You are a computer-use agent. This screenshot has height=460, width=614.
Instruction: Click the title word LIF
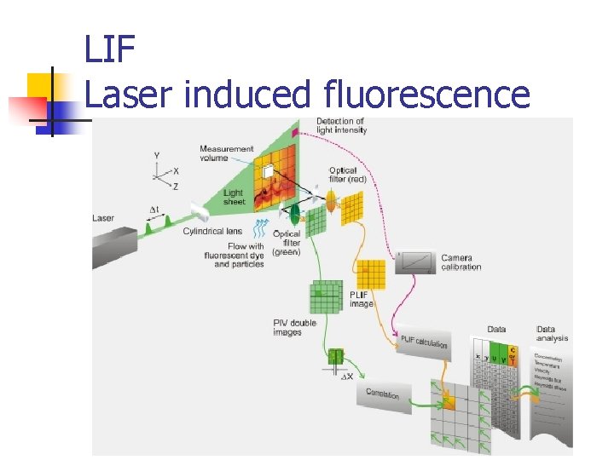pyautogui.click(x=110, y=50)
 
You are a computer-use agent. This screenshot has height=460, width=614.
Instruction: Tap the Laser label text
pyautogui.click(x=103, y=218)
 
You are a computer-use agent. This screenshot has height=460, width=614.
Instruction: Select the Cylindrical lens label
pyautogui.click(x=212, y=231)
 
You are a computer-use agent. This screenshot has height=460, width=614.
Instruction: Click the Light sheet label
pyautogui.click(x=233, y=198)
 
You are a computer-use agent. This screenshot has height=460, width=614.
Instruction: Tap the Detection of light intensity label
pyautogui.click(x=341, y=126)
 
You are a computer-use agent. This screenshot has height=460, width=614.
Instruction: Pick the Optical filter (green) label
pyautogui.click(x=287, y=242)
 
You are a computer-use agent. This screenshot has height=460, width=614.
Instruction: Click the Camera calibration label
pyautogui.click(x=461, y=262)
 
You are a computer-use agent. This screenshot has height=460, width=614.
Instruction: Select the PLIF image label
pyautogui.click(x=361, y=299)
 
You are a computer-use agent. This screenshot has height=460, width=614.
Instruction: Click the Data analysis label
pyautogui.click(x=552, y=334)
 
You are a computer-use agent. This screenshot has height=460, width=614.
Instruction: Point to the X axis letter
pyautogui.click(x=176, y=171)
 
